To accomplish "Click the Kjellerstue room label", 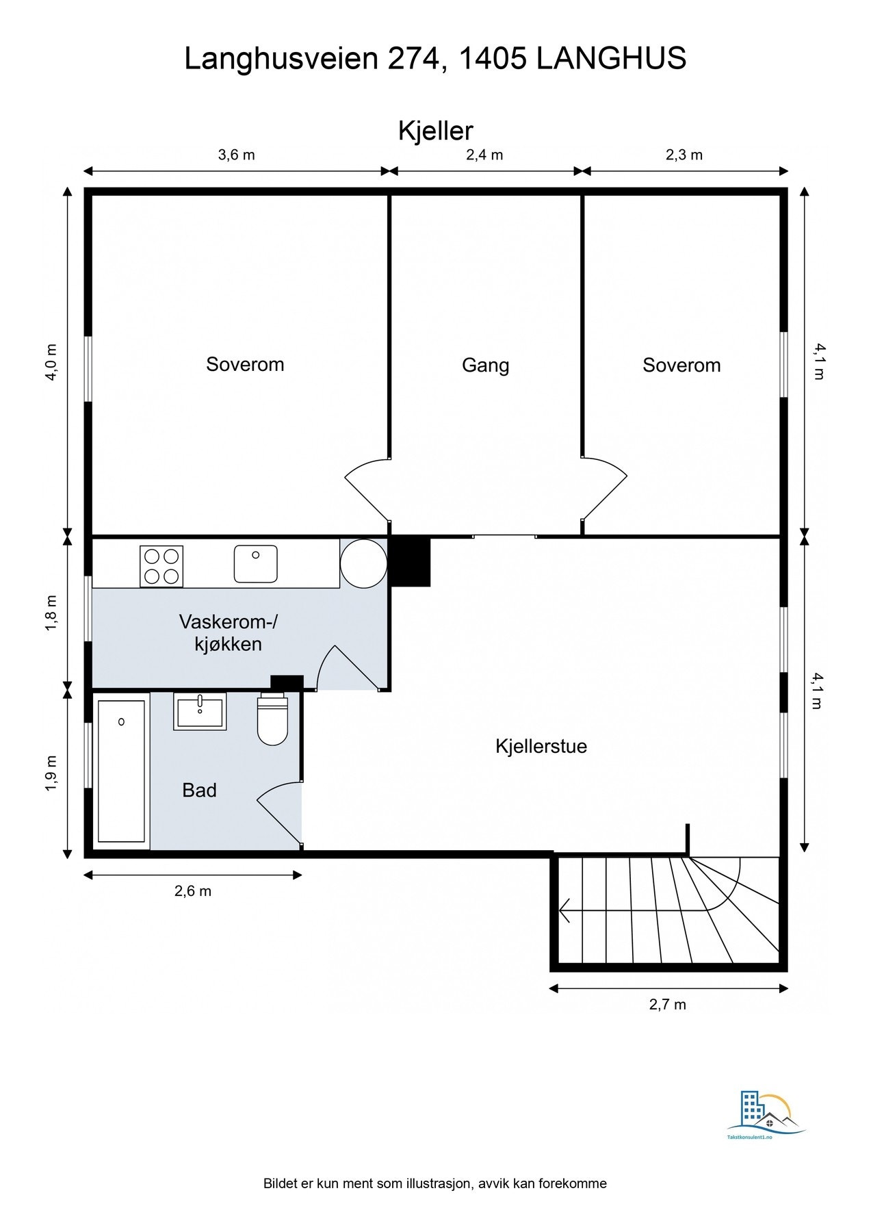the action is [x=541, y=746].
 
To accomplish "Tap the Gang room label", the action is [x=485, y=365].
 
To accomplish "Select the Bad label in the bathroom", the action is [x=199, y=791].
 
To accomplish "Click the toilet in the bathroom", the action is [x=272, y=719].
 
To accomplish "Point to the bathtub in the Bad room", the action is [x=121, y=771].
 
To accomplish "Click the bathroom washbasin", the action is [x=200, y=711].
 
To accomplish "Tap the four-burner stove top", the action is [x=161, y=566].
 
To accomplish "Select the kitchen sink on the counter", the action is [x=255, y=564].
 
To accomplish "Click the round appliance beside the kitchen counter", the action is [x=363, y=563].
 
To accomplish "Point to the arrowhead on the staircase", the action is [x=564, y=911].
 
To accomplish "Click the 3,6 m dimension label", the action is [x=236, y=155].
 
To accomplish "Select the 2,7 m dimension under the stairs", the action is [x=667, y=1005].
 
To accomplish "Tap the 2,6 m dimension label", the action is [x=193, y=891].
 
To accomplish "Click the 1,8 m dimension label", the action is [x=51, y=613].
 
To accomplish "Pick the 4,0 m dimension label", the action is [x=51, y=362].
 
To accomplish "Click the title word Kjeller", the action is [x=436, y=131].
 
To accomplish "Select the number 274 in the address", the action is [x=413, y=59].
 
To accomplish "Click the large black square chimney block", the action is [x=409, y=562].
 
